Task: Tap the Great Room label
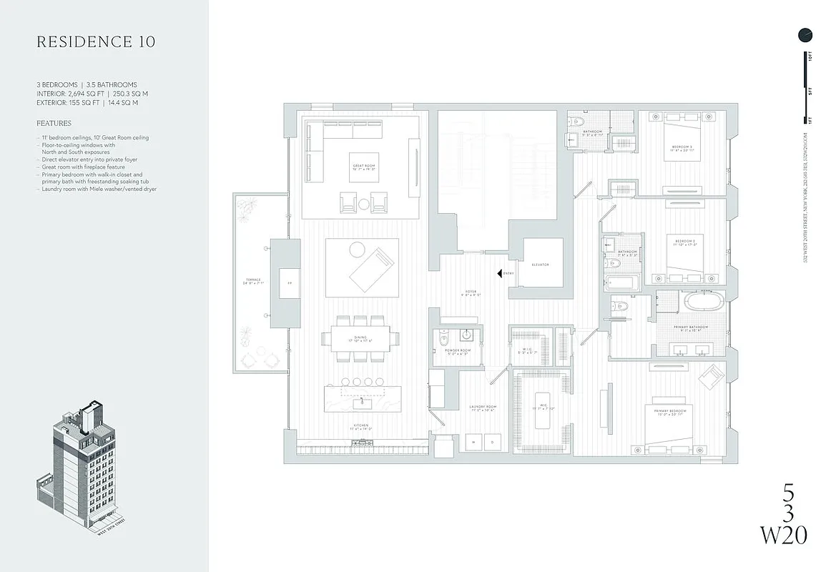(364, 168)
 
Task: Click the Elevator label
(540, 265)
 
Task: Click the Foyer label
(471, 292)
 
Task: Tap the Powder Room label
(456, 352)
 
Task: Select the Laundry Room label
(483, 408)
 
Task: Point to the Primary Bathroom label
(689, 328)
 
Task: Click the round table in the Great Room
(363, 204)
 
